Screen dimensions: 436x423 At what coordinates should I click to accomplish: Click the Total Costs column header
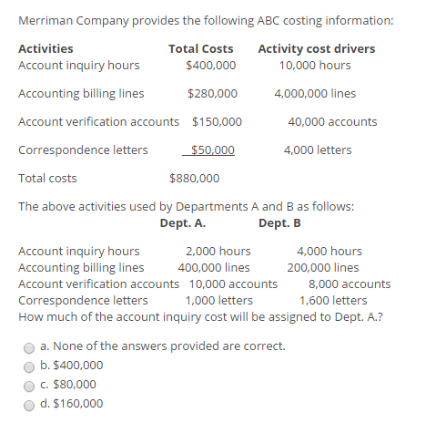[x=200, y=49]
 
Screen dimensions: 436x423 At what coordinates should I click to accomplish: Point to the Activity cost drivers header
[x=316, y=49]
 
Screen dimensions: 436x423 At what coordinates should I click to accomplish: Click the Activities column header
[x=46, y=49]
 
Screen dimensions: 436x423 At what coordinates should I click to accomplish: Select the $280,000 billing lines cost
[x=212, y=94]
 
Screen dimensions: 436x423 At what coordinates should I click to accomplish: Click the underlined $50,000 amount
[x=212, y=150]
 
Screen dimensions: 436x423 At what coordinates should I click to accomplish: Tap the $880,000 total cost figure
[x=194, y=179]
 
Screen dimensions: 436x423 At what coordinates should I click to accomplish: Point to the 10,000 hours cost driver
[x=315, y=66]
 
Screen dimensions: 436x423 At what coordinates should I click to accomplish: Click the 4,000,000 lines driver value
[x=315, y=94]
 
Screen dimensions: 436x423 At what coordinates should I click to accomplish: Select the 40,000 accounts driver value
[x=332, y=122]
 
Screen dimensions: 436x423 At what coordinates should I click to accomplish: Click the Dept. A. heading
[x=182, y=223]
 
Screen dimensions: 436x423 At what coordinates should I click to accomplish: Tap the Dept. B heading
[x=279, y=223]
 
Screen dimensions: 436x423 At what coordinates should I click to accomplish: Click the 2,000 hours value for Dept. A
[x=218, y=252]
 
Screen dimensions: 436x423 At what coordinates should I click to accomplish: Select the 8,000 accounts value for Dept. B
[x=350, y=284]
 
